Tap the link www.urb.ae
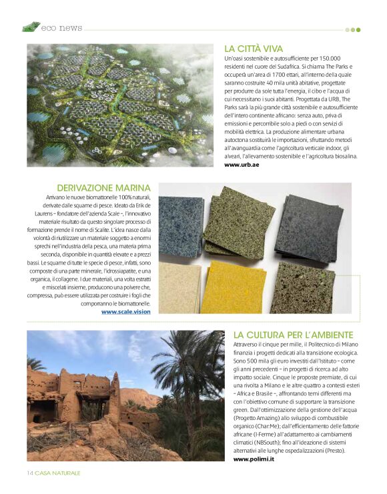[242, 164]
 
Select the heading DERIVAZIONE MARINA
[103, 188]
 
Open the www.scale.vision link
[125, 311]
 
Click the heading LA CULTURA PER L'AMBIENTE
[294, 334]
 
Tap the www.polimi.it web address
[254, 460]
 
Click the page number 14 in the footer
[30, 473]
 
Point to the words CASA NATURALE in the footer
[58, 473]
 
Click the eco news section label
[61, 28]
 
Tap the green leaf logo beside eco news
[31, 27]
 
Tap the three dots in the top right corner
[352, 29]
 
